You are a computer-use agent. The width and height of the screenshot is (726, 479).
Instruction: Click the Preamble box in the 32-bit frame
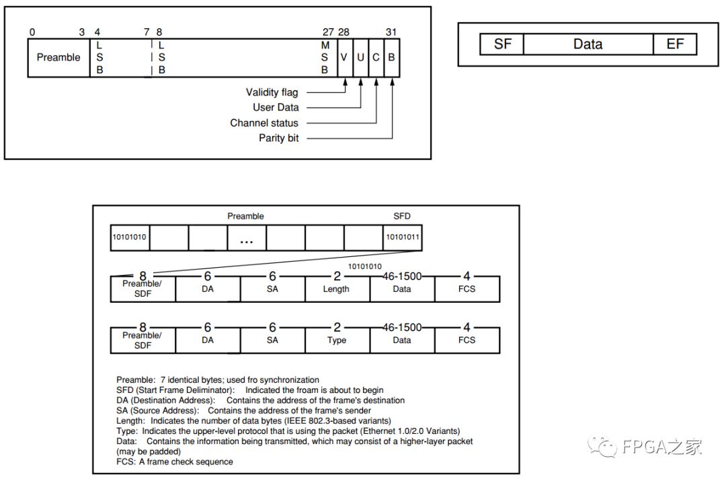tap(58, 58)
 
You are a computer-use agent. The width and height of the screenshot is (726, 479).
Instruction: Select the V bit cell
tap(344, 58)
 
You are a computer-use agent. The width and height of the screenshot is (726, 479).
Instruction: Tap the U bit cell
tap(360, 58)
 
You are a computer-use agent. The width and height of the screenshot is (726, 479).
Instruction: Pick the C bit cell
tap(376, 58)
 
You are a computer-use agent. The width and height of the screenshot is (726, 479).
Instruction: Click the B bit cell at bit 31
tap(391, 58)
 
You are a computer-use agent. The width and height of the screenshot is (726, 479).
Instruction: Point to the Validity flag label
tap(272, 92)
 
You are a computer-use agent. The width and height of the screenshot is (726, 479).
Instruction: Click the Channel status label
tap(264, 123)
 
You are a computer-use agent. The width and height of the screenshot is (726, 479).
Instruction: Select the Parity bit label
tap(279, 138)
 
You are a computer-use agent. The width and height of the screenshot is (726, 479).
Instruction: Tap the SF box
tap(502, 44)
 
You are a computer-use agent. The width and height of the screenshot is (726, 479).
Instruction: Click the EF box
tap(675, 44)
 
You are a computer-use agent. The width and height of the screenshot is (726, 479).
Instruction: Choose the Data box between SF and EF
tap(588, 44)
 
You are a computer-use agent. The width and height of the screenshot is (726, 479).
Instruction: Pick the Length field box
tap(337, 289)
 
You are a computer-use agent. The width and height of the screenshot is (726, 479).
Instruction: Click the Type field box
tap(337, 340)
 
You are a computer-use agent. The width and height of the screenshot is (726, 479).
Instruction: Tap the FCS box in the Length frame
tap(467, 289)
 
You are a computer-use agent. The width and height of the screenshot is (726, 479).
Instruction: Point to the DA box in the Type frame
tap(208, 340)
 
